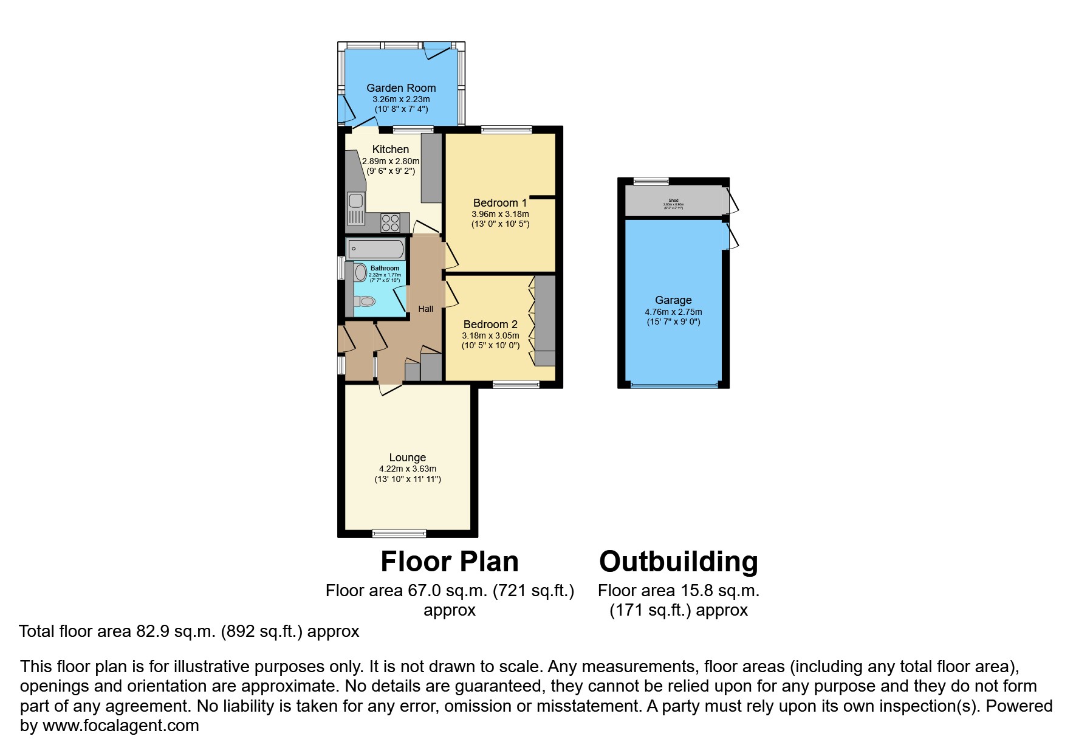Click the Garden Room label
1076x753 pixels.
pos(400,88)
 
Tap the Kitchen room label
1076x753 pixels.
pos(390,150)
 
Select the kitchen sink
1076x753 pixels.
pos(355,201)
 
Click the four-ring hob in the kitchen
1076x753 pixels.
pos(390,223)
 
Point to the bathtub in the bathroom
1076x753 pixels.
pos(375,249)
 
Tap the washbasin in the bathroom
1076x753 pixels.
pos(360,272)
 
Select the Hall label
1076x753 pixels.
pos(425,309)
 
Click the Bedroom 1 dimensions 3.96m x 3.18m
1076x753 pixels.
pos(500,214)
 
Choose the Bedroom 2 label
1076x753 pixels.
pos(490,325)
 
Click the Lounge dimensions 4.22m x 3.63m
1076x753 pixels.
pos(407,469)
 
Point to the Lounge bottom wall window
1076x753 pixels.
pos(399,534)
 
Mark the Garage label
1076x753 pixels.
pos(673,300)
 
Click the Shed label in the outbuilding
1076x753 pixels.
pos(673,201)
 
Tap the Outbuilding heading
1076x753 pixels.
pos(678,562)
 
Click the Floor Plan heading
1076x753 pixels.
pos(449,562)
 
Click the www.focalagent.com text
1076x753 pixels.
pos(120,725)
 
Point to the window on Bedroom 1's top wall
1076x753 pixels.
pos(506,129)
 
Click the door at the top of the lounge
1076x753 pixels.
pos(389,388)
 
